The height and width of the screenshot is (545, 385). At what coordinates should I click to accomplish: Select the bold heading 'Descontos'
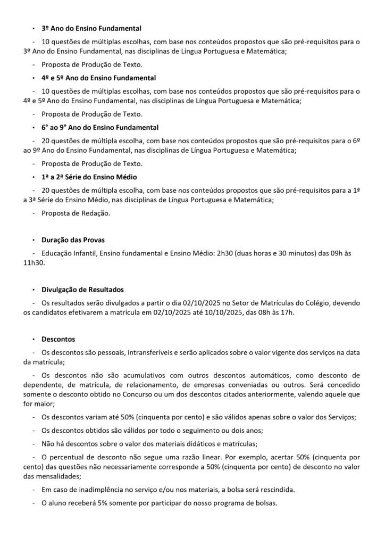click(58, 339)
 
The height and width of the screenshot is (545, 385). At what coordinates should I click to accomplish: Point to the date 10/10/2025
click(218, 312)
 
